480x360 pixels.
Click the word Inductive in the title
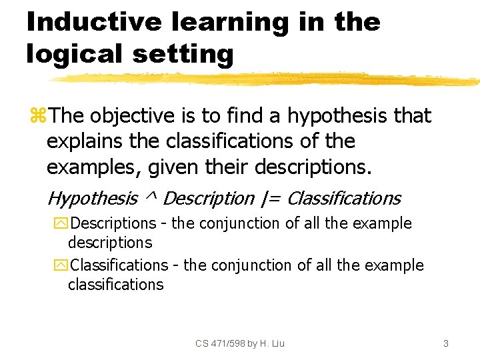point(93,22)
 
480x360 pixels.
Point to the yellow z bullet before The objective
point(37,116)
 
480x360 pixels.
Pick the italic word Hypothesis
point(93,199)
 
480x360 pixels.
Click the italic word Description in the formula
point(209,199)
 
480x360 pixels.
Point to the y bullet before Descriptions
point(63,224)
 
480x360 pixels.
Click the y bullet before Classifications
point(63,265)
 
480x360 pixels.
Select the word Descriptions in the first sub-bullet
point(113,223)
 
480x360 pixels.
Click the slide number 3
point(445,343)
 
